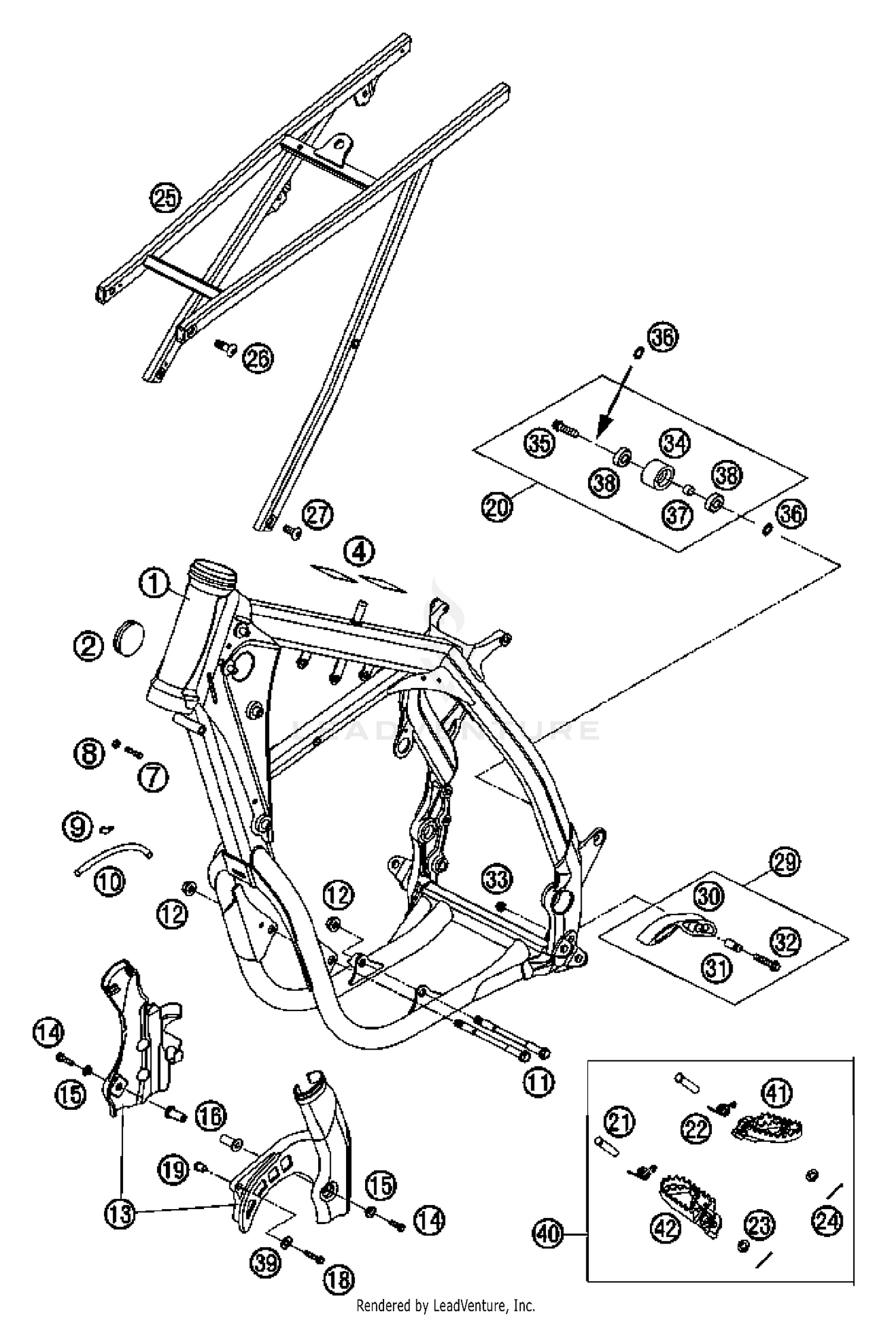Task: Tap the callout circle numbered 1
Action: (x=154, y=583)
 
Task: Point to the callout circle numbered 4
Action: (x=359, y=552)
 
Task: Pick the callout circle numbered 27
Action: (x=318, y=514)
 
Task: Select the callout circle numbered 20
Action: (x=497, y=507)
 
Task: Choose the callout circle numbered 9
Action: (x=78, y=827)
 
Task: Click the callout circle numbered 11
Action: (x=538, y=1082)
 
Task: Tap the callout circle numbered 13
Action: (x=120, y=1213)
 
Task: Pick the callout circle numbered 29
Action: (x=785, y=861)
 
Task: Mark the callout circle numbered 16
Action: (x=211, y=1115)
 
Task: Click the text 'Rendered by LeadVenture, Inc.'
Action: (x=445, y=1306)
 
